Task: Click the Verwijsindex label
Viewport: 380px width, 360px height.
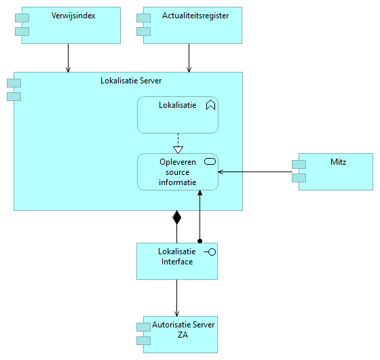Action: pyautogui.click(x=73, y=16)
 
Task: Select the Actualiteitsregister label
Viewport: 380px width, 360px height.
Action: pyautogui.click(x=195, y=16)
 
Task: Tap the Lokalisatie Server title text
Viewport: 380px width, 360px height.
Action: pyautogui.click(x=131, y=81)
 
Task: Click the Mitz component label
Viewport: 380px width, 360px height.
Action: pyautogui.click(x=338, y=162)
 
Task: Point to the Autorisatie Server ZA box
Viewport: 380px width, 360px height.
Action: pyautogui.click(x=180, y=334)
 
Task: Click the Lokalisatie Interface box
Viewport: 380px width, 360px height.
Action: pyautogui.click(x=177, y=261)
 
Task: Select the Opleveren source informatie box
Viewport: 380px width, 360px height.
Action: pyautogui.click(x=178, y=172)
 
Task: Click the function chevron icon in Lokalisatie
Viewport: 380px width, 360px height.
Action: pyautogui.click(x=210, y=105)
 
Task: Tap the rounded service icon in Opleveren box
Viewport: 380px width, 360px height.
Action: pyautogui.click(x=210, y=161)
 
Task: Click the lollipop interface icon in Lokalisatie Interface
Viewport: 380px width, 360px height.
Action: pyautogui.click(x=210, y=252)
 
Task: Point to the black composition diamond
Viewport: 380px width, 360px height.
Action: pyautogui.click(x=176, y=218)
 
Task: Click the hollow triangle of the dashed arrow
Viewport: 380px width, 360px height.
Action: pyautogui.click(x=178, y=150)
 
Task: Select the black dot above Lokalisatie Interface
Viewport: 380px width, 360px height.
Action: pyautogui.click(x=199, y=241)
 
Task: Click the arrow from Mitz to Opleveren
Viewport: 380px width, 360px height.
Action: pyautogui.click(x=255, y=172)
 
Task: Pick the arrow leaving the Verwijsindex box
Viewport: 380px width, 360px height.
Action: pyautogui.click(x=68, y=58)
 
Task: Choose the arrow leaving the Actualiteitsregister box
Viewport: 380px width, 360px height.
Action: pyautogui.click(x=189, y=58)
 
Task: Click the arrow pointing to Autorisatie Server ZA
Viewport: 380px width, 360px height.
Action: pyautogui.click(x=176, y=298)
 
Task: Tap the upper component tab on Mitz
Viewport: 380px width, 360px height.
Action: pyautogui.click(x=299, y=164)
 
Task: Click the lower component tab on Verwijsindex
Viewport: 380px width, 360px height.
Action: pyautogui.click(x=22, y=31)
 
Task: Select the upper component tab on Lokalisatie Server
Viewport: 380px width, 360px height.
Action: pyautogui.click(x=14, y=83)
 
